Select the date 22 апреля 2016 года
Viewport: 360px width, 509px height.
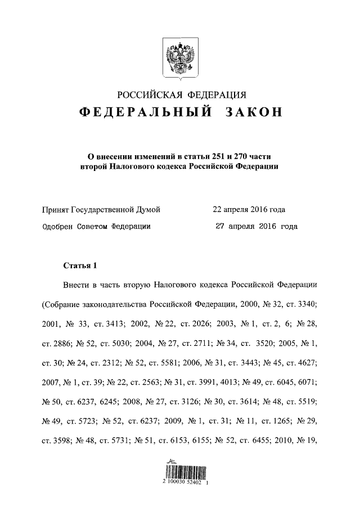tap(249, 210)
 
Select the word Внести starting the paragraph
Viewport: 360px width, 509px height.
tap(77, 285)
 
